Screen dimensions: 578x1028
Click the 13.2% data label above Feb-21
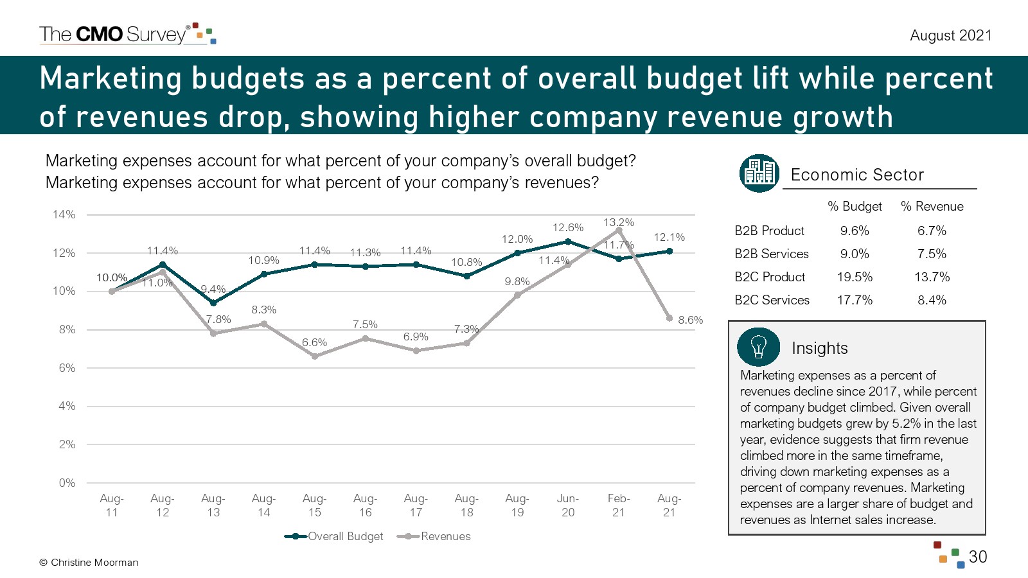pyautogui.click(x=618, y=222)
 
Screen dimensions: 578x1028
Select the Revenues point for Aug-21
pyautogui.click(x=669, y=319)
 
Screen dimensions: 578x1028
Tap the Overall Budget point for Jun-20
pyautogui.click(x=568, y=241)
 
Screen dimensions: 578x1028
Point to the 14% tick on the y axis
pyautogui.click(x=64, y=215)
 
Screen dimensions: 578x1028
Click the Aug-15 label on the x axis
pyautogui.click(x=314, y=505)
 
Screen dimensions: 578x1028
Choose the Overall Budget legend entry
pyautogui.click(x=334, y=536)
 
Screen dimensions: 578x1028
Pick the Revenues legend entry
pyautogui.click(x=434, y=536)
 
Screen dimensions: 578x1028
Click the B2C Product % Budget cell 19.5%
pyautogui.click(x=855, y=277)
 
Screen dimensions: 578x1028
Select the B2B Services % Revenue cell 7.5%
pyautogui.click(x=932, y=254)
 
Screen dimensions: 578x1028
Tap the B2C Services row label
pyautogui.click(x=772, y=300)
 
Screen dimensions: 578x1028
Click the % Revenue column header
pyautogui.click(x=932, y=206)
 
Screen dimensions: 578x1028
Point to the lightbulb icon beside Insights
pyautogui.click(x=758, y=347)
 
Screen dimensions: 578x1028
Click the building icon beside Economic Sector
pyautogui.click(x=759, y=173)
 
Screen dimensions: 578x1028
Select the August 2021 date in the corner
pyautogui.click(x=950, y=35)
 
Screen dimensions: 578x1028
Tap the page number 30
pyautogui.click(x=977, y=557)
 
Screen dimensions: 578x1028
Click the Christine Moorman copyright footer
pyautogui.click(x=89, y=563)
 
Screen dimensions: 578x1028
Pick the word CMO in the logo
pyautogui.click(x=99, y=34)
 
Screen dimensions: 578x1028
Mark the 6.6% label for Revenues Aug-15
pyautogui.click(x=314, y=342)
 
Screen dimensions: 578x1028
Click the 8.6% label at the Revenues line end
pyautogui.click(x=690, y=320)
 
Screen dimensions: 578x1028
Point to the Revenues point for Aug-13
pyautogui.click(x=213, y=333)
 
